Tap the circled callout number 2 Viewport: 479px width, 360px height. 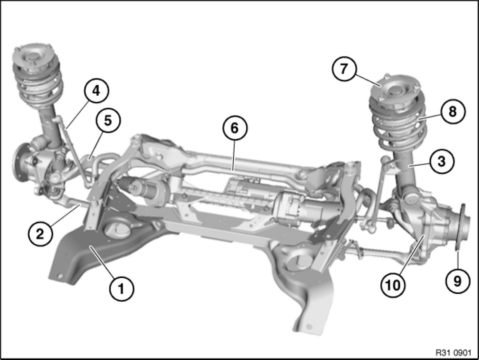[40, 234]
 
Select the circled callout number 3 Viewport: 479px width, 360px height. [442, 162]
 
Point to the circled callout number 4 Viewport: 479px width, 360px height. [96, 91]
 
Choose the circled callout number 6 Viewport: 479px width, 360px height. [235, 128]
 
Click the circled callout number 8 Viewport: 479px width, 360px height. [453, 112]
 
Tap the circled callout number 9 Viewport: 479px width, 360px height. [458, 281]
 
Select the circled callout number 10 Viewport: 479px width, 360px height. [393, 285]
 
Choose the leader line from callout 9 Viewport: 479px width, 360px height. [457, 260]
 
